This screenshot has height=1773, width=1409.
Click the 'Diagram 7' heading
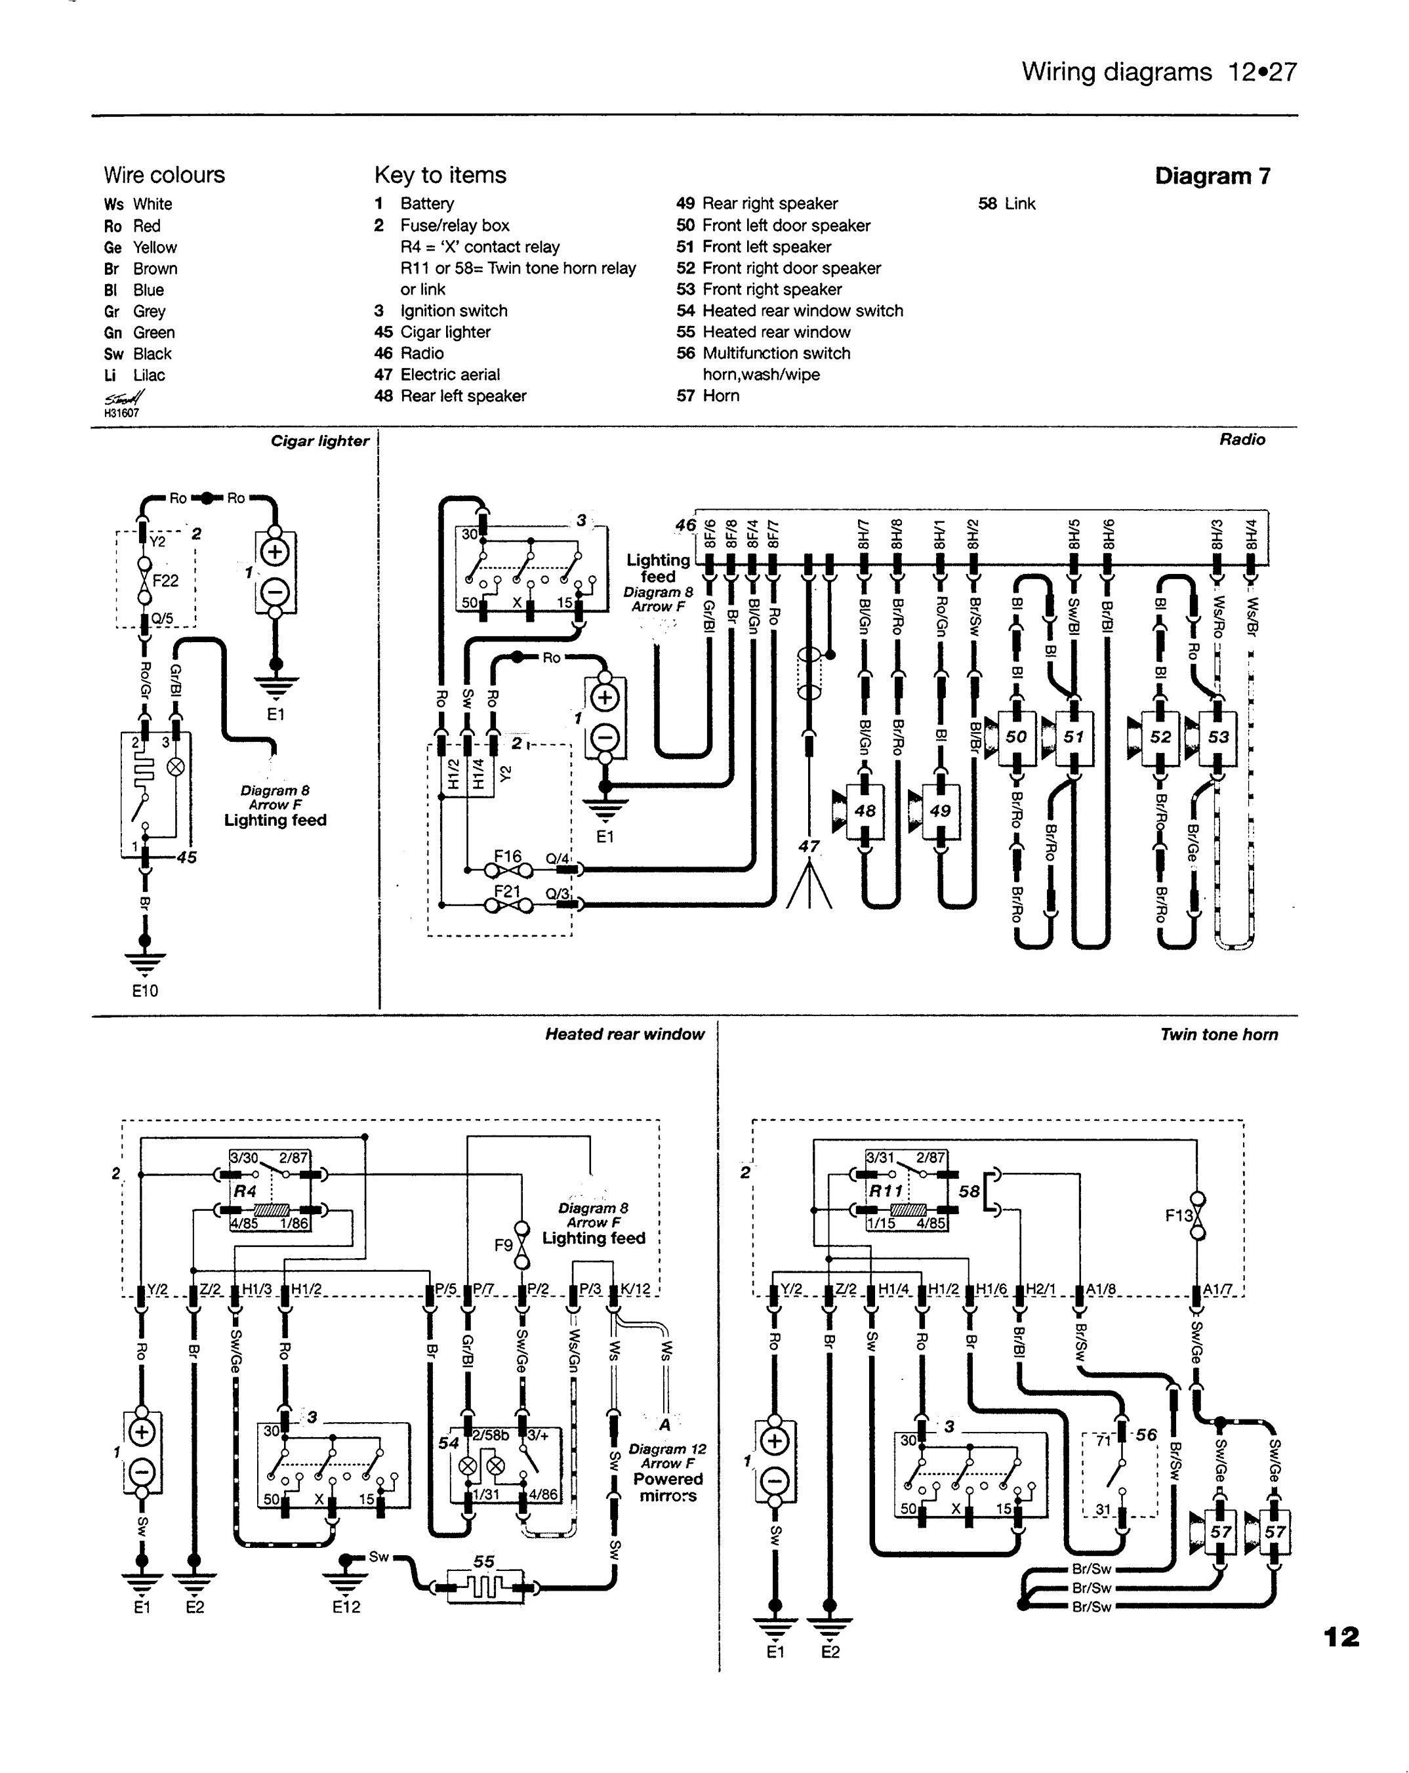pos(1212,176)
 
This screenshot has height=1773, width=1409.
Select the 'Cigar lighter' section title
pos(319,441)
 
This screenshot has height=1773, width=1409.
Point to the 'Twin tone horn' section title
pos(1218,1034)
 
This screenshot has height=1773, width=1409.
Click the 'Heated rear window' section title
pos(624,1034)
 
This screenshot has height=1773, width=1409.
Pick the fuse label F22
pos(165,581)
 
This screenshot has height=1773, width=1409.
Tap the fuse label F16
pos(508,857)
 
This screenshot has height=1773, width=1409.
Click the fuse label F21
pos(508,891)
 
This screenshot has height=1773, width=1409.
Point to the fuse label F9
pos(503,1245)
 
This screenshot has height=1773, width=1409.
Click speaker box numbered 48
pos(865,811)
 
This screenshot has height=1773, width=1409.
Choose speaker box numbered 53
pos(1218,737)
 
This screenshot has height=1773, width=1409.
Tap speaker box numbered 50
pos(1016,737)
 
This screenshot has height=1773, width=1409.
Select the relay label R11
pos(887,1191)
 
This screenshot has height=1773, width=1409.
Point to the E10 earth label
pos(145,991)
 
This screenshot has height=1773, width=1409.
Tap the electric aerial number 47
pos(809,846)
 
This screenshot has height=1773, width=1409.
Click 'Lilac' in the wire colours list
pos(149,376)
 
